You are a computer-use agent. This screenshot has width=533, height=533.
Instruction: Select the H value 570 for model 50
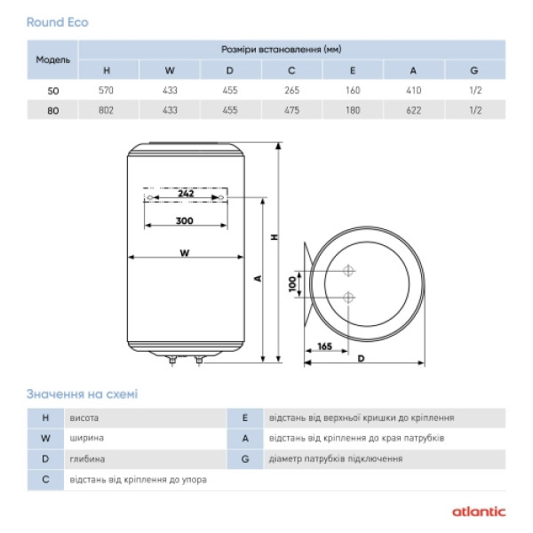click(x=107, y=90)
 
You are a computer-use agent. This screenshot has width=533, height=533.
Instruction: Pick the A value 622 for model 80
click(x=413, y=110)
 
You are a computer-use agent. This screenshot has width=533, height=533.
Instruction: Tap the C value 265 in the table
click(x=290, y=90)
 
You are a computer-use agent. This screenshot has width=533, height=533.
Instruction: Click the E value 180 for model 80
click(x=352, y=110)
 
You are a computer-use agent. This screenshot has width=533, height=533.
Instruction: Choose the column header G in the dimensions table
click(x=474, y=69)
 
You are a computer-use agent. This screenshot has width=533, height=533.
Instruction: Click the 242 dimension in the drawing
click(x=186, y=193)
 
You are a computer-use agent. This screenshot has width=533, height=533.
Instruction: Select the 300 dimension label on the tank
click(x=184, y=219)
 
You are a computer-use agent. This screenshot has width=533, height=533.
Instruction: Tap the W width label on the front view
click(x=184, y=252)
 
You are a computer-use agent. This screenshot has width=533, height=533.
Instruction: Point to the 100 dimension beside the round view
click(x=294, y=283)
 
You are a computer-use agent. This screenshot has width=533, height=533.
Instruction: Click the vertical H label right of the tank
click(x=274, y=237)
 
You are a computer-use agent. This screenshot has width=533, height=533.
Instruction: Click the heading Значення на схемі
click(x=82, y=394)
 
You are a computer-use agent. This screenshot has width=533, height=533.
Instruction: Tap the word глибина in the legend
click(x=86, y=459)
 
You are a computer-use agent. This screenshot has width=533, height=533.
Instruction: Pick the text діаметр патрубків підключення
click(x=335, y=459)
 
